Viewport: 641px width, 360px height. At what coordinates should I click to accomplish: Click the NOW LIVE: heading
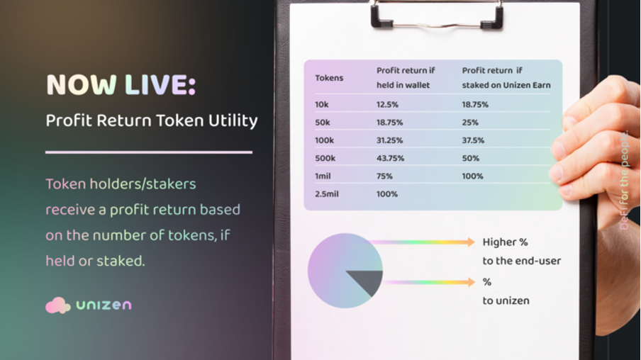[x=121, y=85]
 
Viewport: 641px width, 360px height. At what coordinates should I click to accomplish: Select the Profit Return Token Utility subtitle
[x=152, y=120]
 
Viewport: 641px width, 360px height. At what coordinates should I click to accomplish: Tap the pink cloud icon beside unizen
[x=57, y=305]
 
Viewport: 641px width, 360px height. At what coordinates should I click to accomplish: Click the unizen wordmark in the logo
[x=104, y=305]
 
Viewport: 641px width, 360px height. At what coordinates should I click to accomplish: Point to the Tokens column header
[x=329, y=78]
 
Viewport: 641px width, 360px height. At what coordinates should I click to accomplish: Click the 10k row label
[x=322, y=105]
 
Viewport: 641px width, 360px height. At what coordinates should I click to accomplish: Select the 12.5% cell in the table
[x=387, y=105]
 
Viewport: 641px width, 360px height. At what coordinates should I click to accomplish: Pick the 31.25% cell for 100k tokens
[x=389, y=140]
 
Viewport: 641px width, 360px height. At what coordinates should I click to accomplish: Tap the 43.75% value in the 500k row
[x=390, y=158]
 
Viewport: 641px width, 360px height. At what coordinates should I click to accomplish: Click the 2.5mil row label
[x=327, y=194]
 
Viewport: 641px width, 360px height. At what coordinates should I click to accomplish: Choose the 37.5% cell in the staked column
[x=473, y=140]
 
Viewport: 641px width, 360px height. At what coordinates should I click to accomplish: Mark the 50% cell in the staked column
[x=471, y=158]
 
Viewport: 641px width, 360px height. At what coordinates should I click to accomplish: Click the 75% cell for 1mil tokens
[x=384, y=176]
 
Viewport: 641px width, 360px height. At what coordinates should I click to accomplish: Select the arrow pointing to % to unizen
[x=429, y=282]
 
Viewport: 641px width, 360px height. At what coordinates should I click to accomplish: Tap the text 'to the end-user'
[x=522, y=261]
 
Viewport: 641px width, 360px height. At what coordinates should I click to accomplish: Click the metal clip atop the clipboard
[x=437, y=15]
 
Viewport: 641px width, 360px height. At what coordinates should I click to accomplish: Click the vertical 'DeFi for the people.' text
[x=624, y=180]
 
